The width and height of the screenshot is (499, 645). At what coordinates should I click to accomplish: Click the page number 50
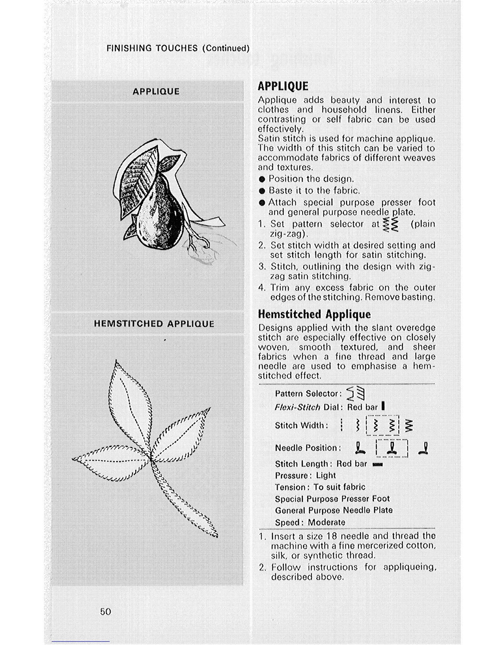[105, 611]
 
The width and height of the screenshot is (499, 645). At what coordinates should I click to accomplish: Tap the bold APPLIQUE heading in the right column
[283, 86]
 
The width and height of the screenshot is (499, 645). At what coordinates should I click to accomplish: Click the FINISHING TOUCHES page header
[178, 48]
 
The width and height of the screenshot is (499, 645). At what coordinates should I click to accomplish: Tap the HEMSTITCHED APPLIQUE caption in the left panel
[154, 324]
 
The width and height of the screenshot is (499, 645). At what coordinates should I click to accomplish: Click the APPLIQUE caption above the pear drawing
[156, 91]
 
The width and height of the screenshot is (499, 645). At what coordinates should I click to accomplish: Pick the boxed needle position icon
[391, 448]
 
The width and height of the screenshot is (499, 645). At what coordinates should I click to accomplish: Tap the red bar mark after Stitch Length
[378, 464]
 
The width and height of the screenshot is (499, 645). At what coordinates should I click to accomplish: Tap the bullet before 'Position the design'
[262, 179]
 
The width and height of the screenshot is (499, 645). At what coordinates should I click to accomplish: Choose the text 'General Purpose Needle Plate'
[333, 510]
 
